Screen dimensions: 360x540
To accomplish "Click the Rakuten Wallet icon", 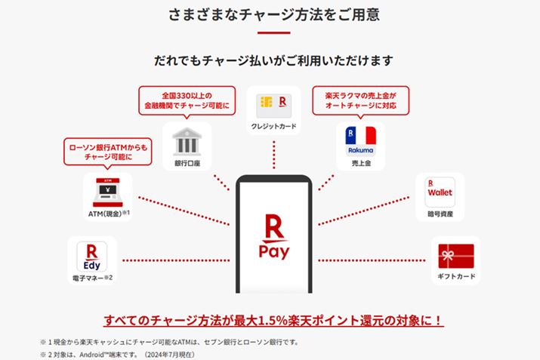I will pos(440,192).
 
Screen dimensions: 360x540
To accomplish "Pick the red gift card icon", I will pos(455,256).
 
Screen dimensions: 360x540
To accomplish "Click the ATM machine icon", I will pos(104,192).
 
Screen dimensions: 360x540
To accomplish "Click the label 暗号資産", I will pos(440,214).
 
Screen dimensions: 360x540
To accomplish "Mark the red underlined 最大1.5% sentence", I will pos(273,320).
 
